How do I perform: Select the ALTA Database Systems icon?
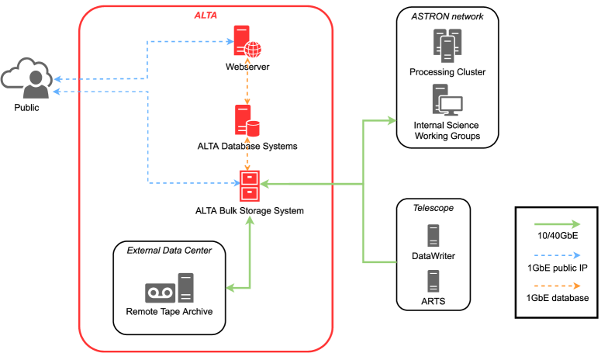pos(247,120)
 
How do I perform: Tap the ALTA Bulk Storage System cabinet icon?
pos(248,185)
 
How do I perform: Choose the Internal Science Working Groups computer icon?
pos(447,101)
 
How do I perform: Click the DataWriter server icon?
pos(433,235)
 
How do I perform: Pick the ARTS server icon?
pos(433,279)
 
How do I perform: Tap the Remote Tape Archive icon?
pos(169,288)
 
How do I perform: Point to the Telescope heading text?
pos(433,208)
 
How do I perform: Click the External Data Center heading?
pos(169,250)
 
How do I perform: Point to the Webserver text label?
pos(247,67)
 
